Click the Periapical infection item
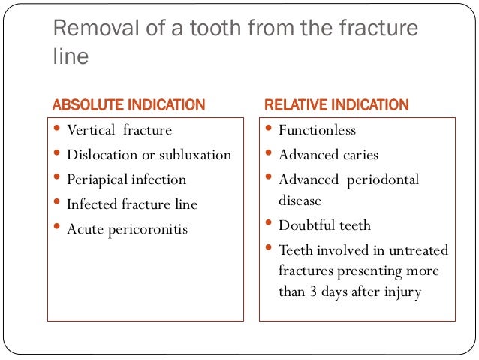click(126, 180)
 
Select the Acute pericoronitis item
click(127, 228)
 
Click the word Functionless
click(317, 130)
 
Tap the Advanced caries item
click(328, 155)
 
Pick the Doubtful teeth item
click(324, 225)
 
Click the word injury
click(401, 292)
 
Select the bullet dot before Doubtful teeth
click(270, 224)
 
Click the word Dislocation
click(99, 155)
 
